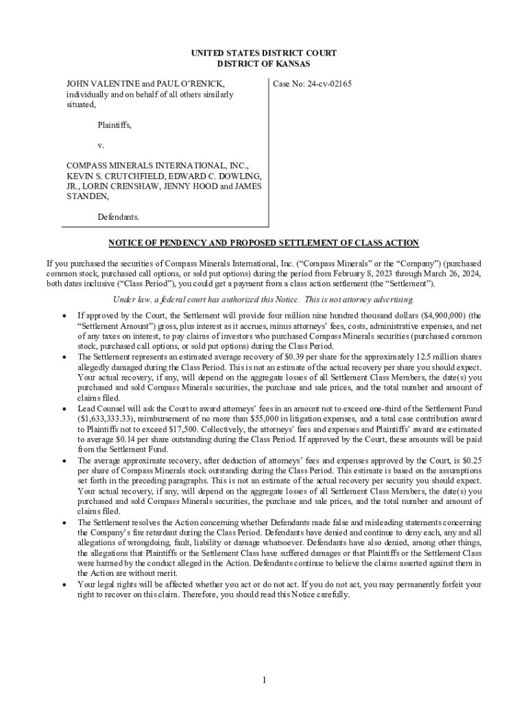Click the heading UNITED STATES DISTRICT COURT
263,53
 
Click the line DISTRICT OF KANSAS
263,64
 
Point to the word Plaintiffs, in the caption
115,125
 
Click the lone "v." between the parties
100,146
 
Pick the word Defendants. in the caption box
118,217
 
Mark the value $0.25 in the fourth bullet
468,460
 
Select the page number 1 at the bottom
263,680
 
